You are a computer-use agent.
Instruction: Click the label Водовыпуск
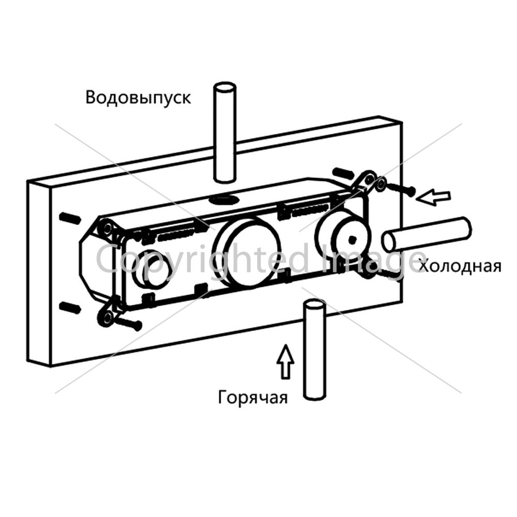(138, 98)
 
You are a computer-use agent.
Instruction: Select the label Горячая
(253, 398)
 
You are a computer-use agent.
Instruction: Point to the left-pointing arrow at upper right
(433, 197)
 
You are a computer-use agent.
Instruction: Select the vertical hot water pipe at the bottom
(315, 349)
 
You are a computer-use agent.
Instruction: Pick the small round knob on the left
(153, 268)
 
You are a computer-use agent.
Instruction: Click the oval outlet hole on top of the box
(224, 199)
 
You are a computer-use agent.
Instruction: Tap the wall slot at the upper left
(70, 219)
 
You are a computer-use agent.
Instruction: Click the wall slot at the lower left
(70, 307)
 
